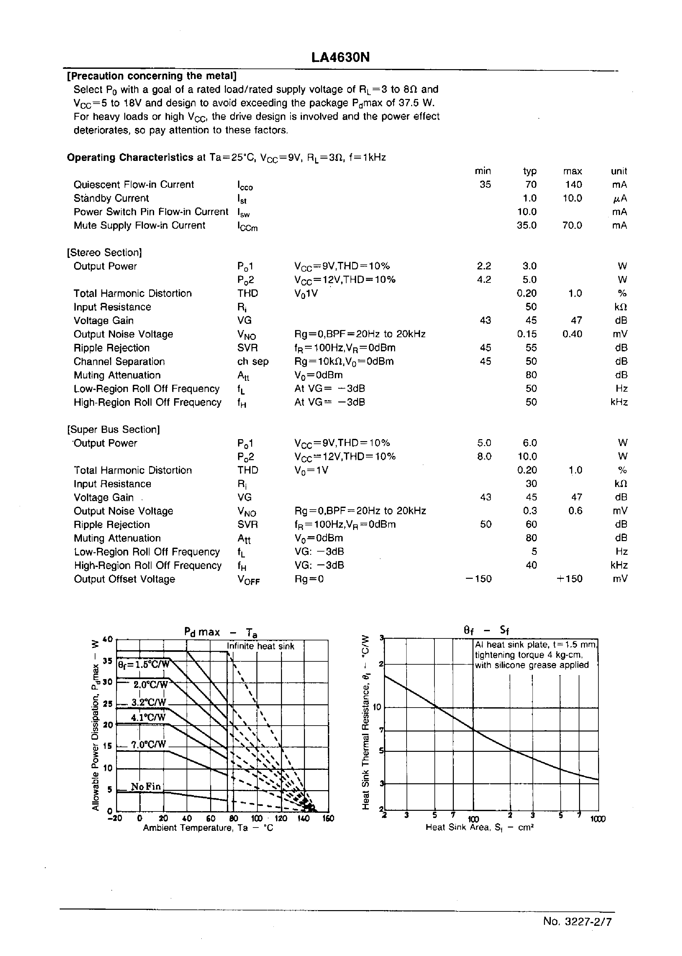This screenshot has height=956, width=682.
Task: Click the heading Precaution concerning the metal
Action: [x=151, y=76]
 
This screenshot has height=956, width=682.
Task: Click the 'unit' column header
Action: [x=619, y=171]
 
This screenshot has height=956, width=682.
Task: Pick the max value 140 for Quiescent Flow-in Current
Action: [x=573, y=185]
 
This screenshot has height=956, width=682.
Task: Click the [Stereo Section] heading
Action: [x=105, y=253]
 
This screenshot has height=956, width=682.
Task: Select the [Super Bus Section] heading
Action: [x=113, y=429]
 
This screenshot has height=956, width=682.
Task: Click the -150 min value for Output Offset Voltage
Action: [x=479, y=579]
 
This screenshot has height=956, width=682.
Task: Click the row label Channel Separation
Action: [x=119, y=362]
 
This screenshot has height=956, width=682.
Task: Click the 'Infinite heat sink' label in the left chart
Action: [x=260, y=646]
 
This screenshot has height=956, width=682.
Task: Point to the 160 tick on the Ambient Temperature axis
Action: [x=328, y=818]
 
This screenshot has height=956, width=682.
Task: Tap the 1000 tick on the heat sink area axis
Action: [x=598, y=819]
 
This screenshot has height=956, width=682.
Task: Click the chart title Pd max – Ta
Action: [x=220, y=632]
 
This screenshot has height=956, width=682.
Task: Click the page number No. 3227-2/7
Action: [x=577, y=921]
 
